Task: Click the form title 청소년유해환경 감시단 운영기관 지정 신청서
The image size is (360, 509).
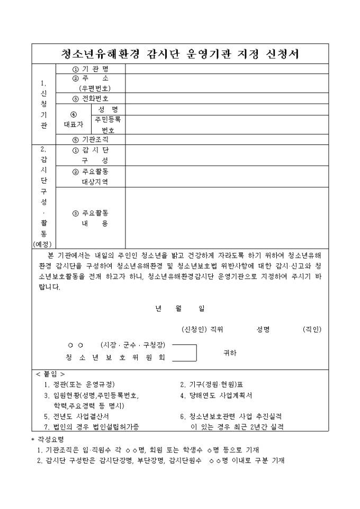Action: [x=179, y=53]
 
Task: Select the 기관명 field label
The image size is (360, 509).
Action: [x=91, y=69]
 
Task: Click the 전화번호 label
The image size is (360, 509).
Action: [x=91, y=98]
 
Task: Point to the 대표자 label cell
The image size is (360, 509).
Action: [x=74, y=119]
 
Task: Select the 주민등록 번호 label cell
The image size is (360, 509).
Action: [x=108, y=124]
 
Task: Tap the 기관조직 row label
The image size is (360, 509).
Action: [x=91, y=139]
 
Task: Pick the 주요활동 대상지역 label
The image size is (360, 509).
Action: [x=91, y=177]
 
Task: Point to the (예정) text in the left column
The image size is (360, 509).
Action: [x=44, y=243]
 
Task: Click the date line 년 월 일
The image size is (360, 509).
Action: [x=180, y=308]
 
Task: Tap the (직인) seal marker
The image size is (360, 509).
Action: [x=311, y=329]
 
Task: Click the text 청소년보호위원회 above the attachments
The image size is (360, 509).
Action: [x=115, y=357]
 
